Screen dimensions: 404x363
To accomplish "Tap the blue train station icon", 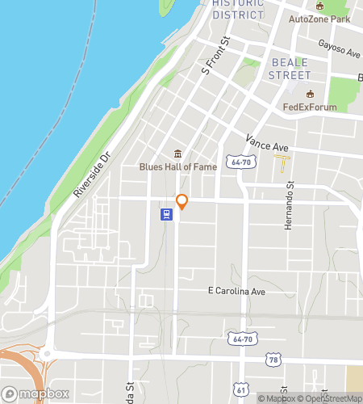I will [165, 214].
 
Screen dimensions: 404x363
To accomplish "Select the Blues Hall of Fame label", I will [177, 167].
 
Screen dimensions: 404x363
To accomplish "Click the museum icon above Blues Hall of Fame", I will [177, 154].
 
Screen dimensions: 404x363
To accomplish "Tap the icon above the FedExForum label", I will [309, 94].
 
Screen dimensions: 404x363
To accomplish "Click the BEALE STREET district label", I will [290, 69].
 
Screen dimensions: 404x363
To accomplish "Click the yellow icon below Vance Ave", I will [283, 164].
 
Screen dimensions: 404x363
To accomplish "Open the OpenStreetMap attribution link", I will [332, 398].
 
